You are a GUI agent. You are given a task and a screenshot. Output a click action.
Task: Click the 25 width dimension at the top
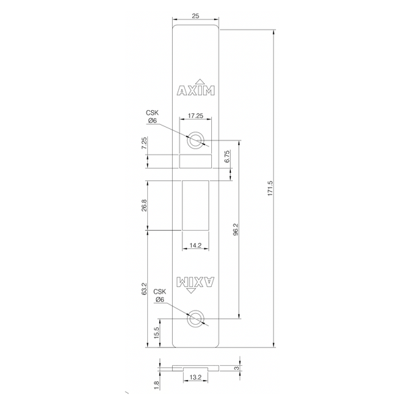click(x=196, y=16)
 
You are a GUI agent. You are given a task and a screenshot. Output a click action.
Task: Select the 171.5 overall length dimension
click(x=270, y=188)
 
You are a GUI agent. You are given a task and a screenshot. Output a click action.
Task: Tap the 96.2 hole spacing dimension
click(x=236, y=229)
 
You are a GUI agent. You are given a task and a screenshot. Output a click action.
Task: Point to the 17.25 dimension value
click(x=196, y=115)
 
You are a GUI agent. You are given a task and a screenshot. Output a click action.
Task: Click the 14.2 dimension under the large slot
click(x=195, y=246)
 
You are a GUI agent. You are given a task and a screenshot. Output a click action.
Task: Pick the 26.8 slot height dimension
click(x=144, y=205)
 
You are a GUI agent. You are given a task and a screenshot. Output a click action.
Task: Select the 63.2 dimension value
click(x=144, y=289)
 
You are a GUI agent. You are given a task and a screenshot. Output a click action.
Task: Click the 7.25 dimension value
click(x=144, y=143)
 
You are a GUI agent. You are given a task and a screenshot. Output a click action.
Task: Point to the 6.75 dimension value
click(x=227, y=157)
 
